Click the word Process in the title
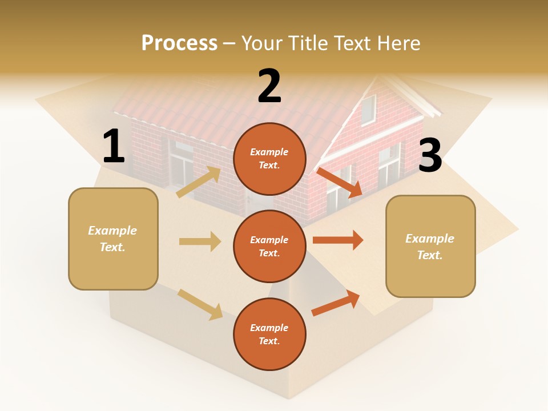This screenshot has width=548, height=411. [179, 43]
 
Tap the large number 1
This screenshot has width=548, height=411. [114, 147]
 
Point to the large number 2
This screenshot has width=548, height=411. [269, 86]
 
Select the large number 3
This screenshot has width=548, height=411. [430, 155]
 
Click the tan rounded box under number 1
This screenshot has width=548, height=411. [113, 239]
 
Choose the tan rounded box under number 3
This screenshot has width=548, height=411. [430, 246]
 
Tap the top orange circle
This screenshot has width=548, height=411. [269, 159]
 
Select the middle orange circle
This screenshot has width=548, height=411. [269, 246]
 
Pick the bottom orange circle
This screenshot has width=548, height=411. [269, 334]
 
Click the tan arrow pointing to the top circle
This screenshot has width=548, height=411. [199, 182]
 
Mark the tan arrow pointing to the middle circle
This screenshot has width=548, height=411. [200, 241]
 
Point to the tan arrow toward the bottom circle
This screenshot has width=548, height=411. [200, 304]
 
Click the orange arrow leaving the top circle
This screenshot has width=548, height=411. [339, 182]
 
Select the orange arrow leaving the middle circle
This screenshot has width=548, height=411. [338, 240]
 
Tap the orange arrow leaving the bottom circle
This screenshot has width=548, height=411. [336, 303]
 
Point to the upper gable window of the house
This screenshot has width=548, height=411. [368, 110]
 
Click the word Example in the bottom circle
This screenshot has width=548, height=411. [269, 328]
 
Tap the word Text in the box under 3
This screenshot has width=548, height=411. [429, 255]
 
